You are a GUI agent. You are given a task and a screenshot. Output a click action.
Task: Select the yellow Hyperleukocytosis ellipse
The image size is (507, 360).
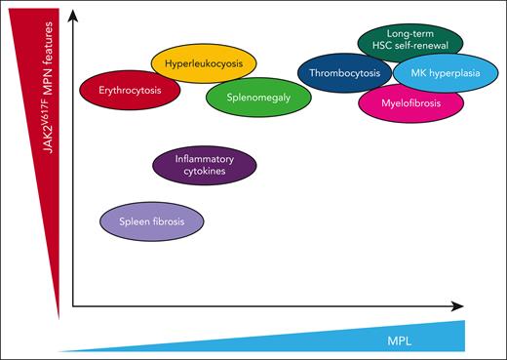(204, 64)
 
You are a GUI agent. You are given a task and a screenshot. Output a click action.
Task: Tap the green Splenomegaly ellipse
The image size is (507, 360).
(253, 99)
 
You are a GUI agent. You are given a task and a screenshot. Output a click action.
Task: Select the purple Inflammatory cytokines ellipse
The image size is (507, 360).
(207, 165)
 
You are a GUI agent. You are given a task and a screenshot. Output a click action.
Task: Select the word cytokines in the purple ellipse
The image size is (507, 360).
(207, 172)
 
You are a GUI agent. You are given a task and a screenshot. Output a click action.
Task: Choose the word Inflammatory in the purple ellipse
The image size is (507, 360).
(207, 158)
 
